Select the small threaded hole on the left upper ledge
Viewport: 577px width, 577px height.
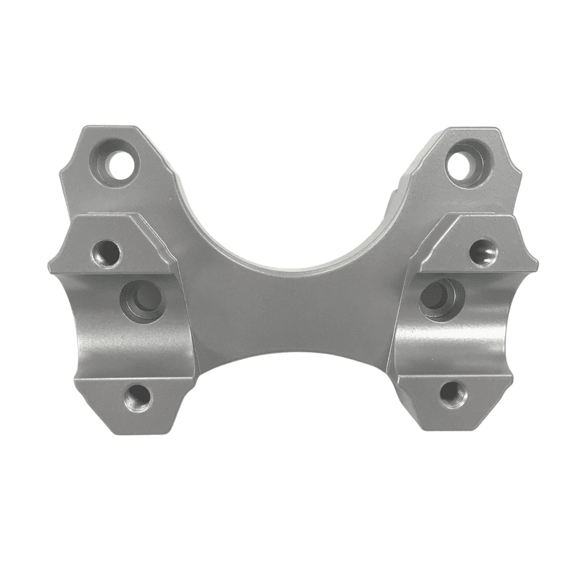click(107, 252)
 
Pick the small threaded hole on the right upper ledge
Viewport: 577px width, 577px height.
click(483, 252)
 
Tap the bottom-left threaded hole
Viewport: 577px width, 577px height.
click(137, 397)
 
